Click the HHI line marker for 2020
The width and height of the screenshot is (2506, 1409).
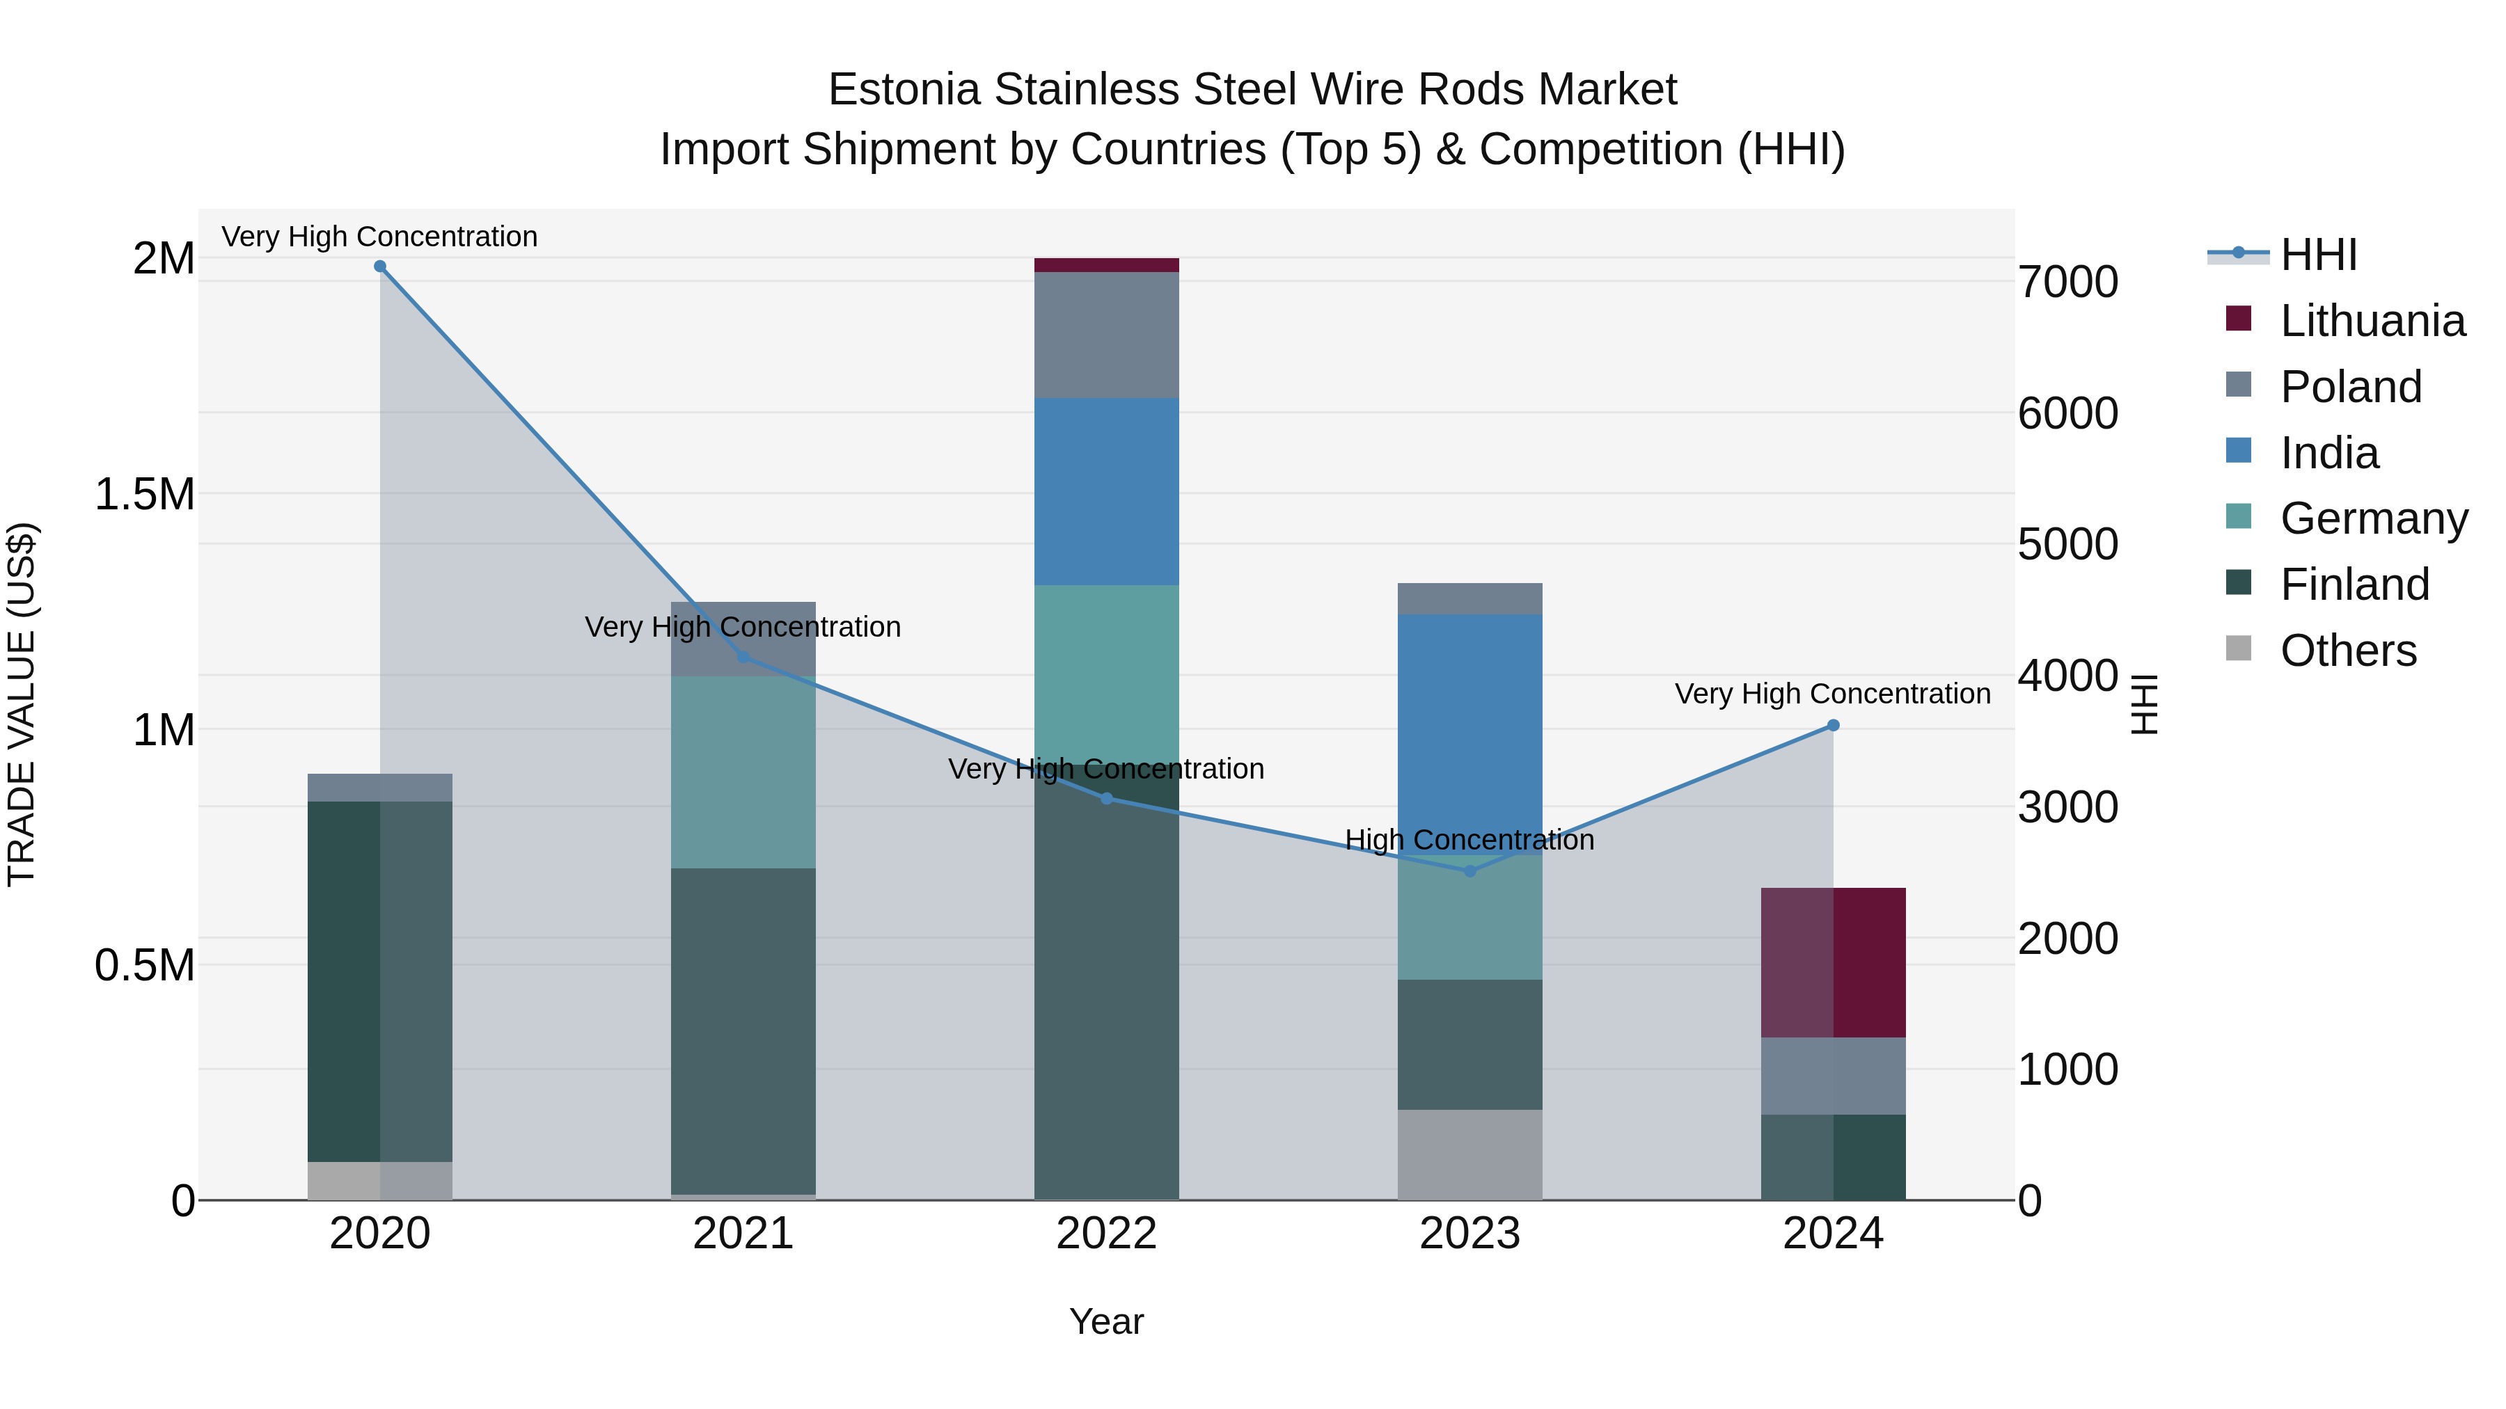pyautogui.click(x=380, y=266)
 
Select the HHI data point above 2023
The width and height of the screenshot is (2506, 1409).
pyautogui.click(x=1470, y=871)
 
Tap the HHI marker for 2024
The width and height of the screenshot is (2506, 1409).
pyautogui.click(x=1833, y=726)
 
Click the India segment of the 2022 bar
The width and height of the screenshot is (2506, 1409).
pyautogui.click(x=1106, y=491)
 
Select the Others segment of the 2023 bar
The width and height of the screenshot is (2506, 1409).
pyautogui.click(x=1470, y=1154)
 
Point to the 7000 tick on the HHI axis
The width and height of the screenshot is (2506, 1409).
pyautogui.click(x=2067, y=282)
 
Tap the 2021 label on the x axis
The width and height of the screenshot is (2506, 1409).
pyautogui.click(x=743, y=1234)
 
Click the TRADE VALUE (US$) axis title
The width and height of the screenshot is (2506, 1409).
pyautogui.click(x=22, y=704)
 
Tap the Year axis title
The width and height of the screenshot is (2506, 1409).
pyautogui.click(x=1106, y=1321)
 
